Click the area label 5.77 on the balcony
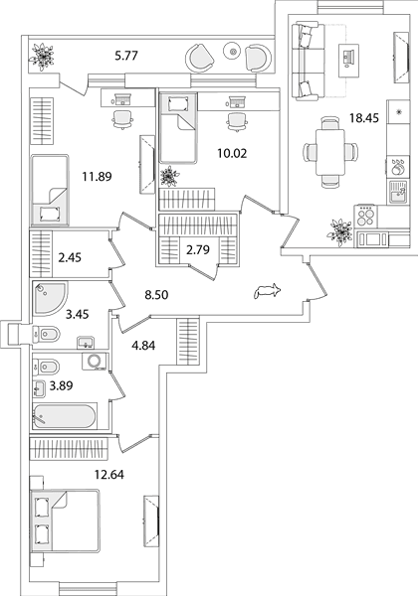pyautogui.click(x=126, y=56)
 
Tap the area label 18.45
pyautogui.click(x=364, y=118)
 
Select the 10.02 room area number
pyautogui.click(x=232, y=154)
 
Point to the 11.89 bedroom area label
pyautogui.click(x=98, y=177)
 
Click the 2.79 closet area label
pyautogui.click(x=198, y=249)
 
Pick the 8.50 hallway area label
pyautogui.click(x=156, y=295)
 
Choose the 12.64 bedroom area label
pyautogui.click(x=109, y=475)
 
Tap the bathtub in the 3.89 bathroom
pyautogui.click(x=64, y=416)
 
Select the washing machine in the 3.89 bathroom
pyautogui.click(x=95, y=362)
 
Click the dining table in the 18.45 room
pyautogui.click(x=330, y=152)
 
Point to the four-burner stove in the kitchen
pyautogui.click(x=366, y=217)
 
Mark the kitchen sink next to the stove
pyautogui.click(x=398, y=191)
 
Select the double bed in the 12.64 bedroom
pyautogui.click(x=65, y=521)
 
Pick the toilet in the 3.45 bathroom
pyautogui.click(x=47, y=335)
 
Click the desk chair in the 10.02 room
pyautogui.click(x=237, y=122)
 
